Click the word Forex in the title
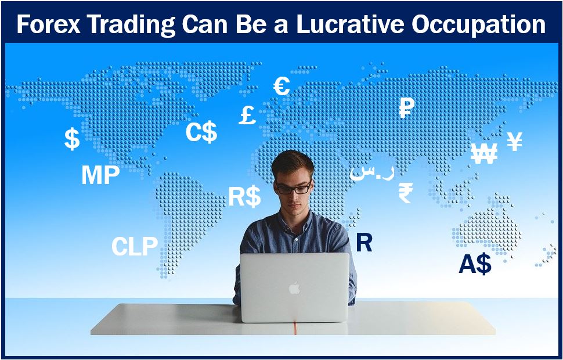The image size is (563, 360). tap(49, 24)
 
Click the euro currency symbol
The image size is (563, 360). tap(281, 86)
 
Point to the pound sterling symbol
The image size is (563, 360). tap(247, 115)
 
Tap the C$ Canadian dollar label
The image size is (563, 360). tap(201, 132)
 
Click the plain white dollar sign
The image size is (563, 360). tap(72, 139)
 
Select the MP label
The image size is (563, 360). tap(100, 175)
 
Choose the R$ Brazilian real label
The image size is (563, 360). tap(245, 196)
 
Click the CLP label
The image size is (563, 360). tap(135, 246)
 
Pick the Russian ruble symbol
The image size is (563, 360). tap(407, 108)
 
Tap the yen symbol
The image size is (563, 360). tap(514, 141)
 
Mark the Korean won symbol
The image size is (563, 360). tap(483, 153)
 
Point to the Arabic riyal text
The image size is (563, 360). tap(372, 172)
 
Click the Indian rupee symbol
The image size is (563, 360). tap(406, 193)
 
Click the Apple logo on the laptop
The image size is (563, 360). tap(294, 287)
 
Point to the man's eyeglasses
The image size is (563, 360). tap(293, 188)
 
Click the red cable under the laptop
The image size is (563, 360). tap(295, 329)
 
